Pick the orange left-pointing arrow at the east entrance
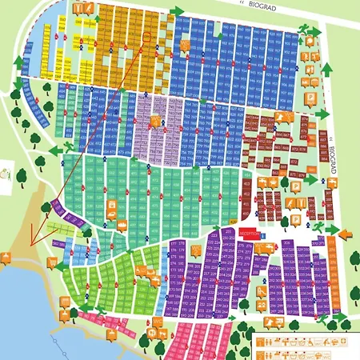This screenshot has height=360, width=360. pyautogui.click(x=344, y=234)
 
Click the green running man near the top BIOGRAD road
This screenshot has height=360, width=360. pyautogui.click(x=305, y=29)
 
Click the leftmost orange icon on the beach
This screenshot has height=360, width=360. pyautogui.click(x=7, y=258)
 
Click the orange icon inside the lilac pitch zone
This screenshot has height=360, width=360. pyautogui.click(x=155, y=122)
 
